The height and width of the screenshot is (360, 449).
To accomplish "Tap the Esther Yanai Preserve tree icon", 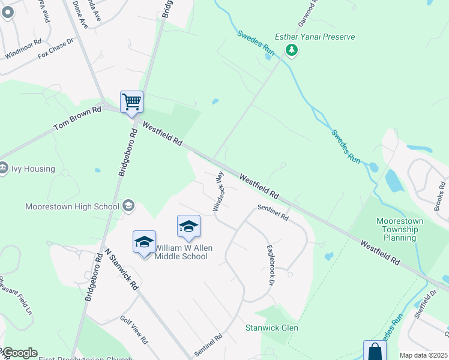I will pos(292,50).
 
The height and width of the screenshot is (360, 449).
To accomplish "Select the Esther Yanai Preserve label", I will pos(315,37).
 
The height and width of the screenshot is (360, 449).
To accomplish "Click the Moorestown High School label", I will pos(72,206).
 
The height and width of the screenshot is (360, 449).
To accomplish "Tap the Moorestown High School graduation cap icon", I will pos(128,206).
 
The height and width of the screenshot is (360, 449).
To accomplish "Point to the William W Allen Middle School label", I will pos(181,252).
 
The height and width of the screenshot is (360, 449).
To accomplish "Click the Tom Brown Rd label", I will pos(77,119).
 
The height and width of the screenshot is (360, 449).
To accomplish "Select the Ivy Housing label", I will pos(34,169).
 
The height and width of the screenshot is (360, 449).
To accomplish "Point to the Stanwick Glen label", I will pos(271,328).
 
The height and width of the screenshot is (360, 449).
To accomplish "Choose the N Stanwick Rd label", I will pos(122,270).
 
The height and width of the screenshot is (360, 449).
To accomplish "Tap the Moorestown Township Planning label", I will pos(400,229).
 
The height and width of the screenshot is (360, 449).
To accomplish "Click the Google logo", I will pos(19,353).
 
